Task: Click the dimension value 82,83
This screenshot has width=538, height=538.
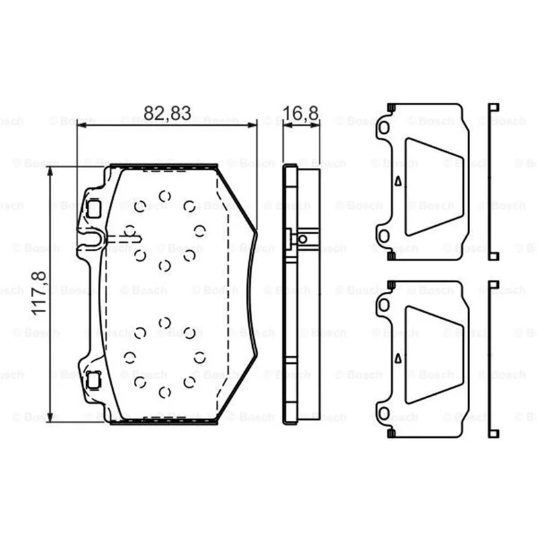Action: click(x=167, y=113)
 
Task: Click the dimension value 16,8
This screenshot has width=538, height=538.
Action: click(x=301, y=113)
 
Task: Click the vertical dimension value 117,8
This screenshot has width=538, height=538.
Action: click(x=39, y=293)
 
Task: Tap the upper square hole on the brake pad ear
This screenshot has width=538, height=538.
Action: click(x=93, y=208)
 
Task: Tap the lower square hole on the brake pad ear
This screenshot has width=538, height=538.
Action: click(x=93, y=380)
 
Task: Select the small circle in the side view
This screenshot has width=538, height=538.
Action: click(x=303, y=239)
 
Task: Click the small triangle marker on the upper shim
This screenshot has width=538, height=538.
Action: click(x=398, y=181)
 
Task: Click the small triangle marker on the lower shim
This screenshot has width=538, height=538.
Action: click(x=398, y=358)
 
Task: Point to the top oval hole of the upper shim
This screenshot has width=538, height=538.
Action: click(x=384, y=128)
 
